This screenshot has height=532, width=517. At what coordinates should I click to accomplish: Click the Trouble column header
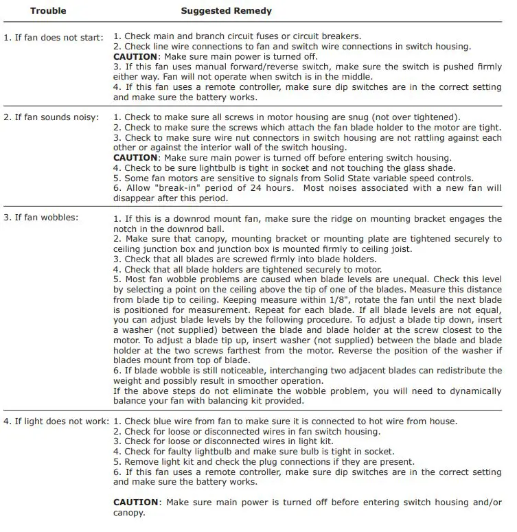(x=49, y=11)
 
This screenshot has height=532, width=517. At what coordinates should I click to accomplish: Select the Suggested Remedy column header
(x=226, y=11)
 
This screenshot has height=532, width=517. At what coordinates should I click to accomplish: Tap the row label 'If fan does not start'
(x=54, y=36)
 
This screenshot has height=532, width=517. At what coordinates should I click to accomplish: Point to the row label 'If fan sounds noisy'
(x=52, y=117)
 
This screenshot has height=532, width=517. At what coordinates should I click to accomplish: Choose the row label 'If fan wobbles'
(x=41, y=218)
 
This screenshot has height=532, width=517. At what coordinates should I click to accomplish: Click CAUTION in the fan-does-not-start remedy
(x=135, y=56)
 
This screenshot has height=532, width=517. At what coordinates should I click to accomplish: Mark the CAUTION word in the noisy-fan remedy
(x=135, y=158)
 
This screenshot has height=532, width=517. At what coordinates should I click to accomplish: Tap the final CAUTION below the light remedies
(x=135, y=502)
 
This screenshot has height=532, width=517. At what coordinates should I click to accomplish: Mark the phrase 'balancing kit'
(x=215, y=401)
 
